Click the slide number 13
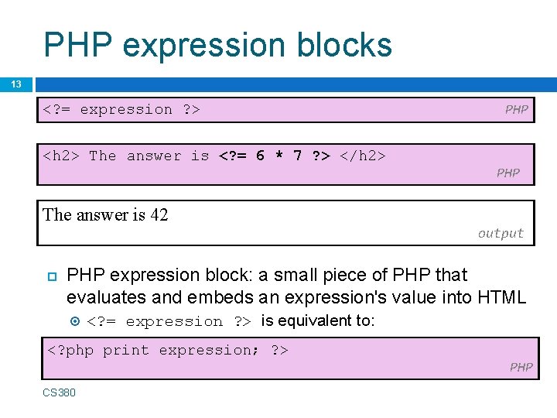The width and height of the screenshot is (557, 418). [x=15, y=84]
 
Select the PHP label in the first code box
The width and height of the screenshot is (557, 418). [x=516, y=110]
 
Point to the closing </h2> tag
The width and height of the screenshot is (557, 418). [x=363, y=156]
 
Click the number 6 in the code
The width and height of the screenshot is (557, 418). [x=260, y=156]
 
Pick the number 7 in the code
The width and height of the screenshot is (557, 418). [x=298, y=156]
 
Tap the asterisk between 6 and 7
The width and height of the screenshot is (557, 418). [x=279, y=156]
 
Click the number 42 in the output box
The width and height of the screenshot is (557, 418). [x=159, y=215]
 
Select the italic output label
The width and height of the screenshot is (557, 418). [x=501, y=233]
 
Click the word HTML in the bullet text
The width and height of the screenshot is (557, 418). [x=501, y=296]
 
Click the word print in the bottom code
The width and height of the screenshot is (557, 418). [x=126, y=350]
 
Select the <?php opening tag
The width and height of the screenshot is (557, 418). [x=70, y=350]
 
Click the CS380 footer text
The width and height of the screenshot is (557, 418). [x=59, y=392]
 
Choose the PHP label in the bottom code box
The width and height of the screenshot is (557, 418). [x=521, y=367]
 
